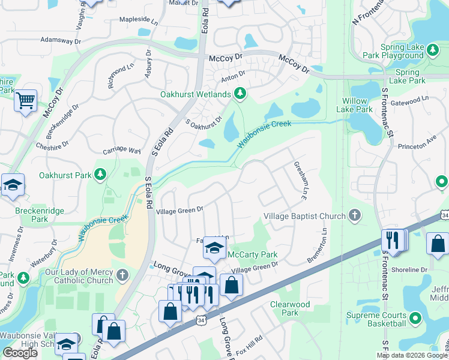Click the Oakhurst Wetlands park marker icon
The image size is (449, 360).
(x=240, y=94)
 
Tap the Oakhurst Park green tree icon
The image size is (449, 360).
(x=101, y=175)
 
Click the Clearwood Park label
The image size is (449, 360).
(x=290, y=308)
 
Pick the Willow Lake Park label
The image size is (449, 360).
(x=358, y=105)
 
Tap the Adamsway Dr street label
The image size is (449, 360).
(x=60, y=41)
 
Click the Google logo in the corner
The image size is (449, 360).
(x=19, y=353)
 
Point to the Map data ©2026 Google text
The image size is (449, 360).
(x=411, y=355)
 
